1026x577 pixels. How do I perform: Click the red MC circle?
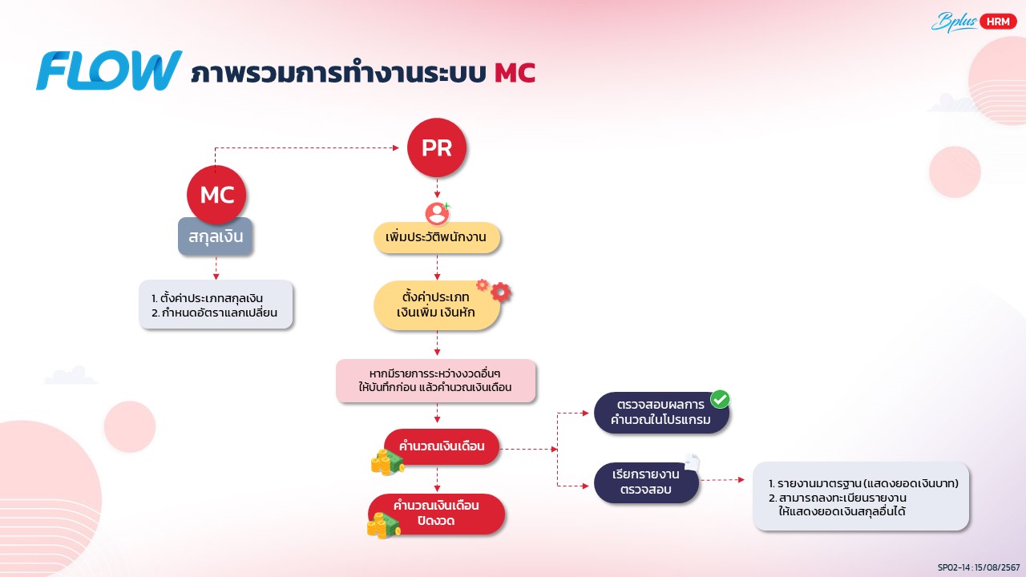tap(216, 195)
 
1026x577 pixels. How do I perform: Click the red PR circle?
tap(437, 147)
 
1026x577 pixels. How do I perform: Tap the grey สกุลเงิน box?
tap(216, 236)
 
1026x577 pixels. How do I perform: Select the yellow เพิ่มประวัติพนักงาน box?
tap(437, 237)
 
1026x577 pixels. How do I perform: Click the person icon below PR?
tap(437, 213)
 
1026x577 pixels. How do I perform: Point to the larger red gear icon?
tap(501, 292)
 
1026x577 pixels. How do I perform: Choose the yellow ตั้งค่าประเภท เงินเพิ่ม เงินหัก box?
tap(437, 305)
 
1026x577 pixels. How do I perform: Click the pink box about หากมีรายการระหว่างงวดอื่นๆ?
tap(435, 381)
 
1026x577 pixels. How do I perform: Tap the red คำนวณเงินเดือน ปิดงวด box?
tap(437, 514)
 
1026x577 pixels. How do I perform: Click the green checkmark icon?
tap(720, 399)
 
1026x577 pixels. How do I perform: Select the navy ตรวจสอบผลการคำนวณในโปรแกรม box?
tap(661, 412)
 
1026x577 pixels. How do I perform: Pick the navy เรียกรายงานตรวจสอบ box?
tap(646, 482)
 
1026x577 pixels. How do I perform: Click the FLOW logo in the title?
tap(109, 70)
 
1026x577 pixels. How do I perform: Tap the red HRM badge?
tap(998, 22)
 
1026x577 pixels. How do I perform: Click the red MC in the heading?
tap(515, 73)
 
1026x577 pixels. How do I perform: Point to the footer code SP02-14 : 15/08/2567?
tap(979, 567)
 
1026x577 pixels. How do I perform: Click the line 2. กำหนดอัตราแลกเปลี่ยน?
tap(214, 313)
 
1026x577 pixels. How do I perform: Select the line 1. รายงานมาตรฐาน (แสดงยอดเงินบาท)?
tap(863, 483)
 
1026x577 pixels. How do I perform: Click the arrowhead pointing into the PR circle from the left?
tap(396, 147)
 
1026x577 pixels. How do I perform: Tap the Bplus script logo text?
tap(954, 22)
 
